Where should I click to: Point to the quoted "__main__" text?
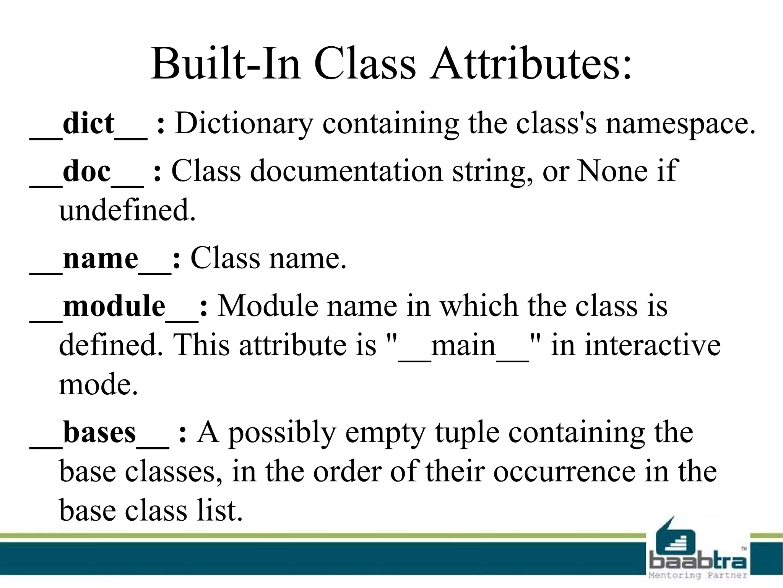tap(464, 345)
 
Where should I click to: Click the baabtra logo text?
tap(698, 561)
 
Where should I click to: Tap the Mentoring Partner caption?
tap(698, 575)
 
